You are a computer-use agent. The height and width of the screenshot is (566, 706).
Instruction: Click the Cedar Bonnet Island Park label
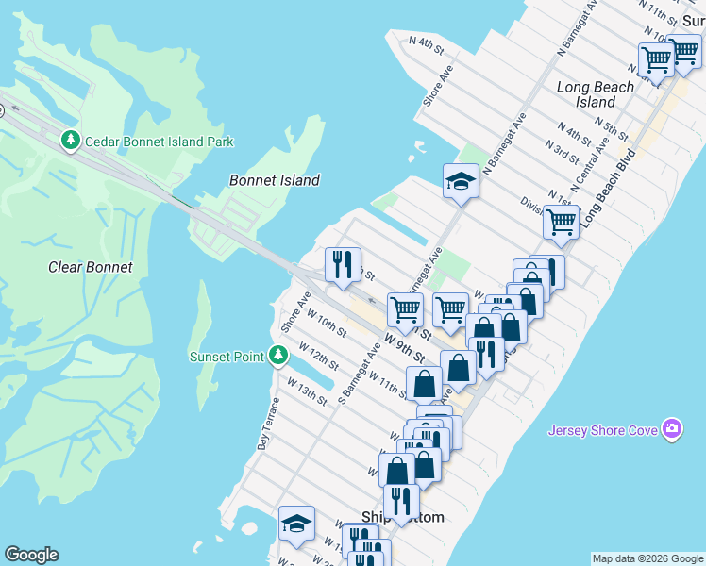159,141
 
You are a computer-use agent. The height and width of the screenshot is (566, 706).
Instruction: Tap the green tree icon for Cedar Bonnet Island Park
70,141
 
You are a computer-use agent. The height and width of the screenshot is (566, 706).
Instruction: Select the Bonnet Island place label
275,180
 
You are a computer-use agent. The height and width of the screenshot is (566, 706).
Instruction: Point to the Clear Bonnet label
91,267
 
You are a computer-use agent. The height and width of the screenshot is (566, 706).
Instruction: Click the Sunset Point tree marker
277,355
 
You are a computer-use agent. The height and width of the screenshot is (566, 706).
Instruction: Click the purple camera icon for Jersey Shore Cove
672,430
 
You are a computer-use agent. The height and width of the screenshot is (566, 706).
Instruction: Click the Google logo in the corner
31,555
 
